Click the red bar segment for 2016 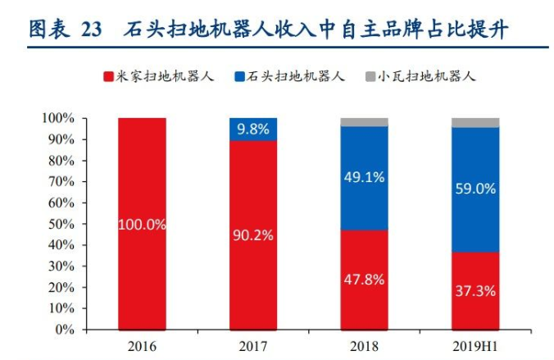click(142, 189)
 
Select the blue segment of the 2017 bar click(253, 129)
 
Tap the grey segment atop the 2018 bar click(364, 122)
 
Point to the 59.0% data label click(475, 189)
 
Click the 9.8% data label click(253, 129)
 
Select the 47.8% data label click(364, 278)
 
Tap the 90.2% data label click(253, 235)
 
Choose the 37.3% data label click(475, 289)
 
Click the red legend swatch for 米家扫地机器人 click(107, 77)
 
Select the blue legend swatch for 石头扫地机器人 click(238, 77)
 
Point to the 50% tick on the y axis click(61, 224)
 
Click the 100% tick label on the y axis click(57, 118)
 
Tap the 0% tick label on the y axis click(64, 330)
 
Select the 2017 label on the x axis click(253, 344)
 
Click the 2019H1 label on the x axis click(475, 344)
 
